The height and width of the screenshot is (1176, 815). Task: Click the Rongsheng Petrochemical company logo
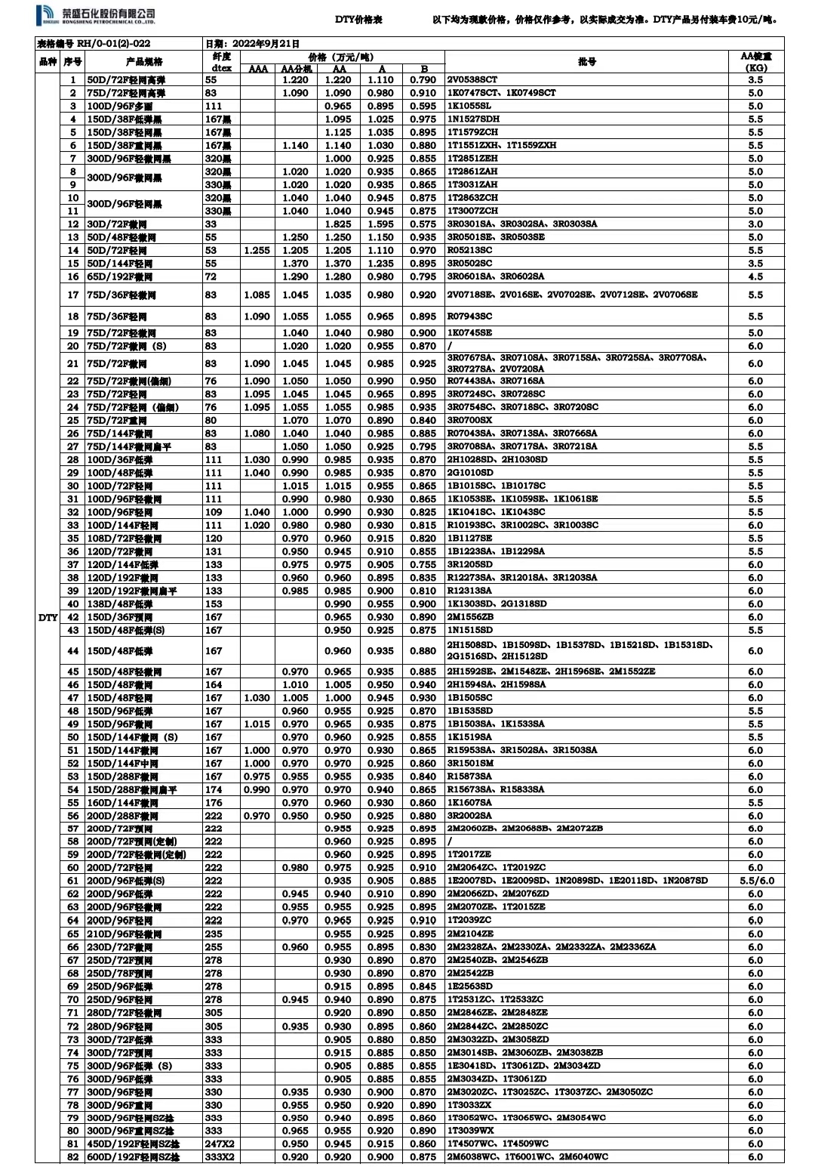95,14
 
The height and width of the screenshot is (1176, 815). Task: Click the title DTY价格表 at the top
358,20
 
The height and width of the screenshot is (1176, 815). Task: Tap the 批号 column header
586,61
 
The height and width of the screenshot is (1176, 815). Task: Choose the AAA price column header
257,69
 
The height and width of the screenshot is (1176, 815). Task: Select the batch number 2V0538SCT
472,79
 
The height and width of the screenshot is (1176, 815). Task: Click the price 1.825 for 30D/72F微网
338,224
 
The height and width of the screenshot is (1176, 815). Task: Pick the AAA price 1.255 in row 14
257,250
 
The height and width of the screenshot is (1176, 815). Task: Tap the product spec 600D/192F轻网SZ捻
134,1157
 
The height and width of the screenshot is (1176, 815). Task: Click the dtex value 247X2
220,1144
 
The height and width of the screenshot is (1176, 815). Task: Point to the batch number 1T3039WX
470,1131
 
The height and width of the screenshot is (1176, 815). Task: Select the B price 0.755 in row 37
423,564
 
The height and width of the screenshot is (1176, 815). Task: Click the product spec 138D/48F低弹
121,603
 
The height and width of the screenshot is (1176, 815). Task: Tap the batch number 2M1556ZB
470,616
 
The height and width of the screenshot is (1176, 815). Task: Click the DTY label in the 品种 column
48,617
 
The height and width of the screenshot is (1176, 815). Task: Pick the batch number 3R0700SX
469,420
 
